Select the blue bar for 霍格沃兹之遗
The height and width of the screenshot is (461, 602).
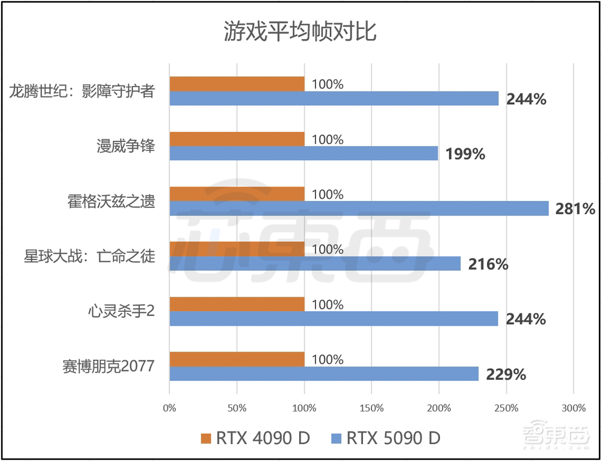[x=359, y=208]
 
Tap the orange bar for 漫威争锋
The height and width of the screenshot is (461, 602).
[x=237, y=139]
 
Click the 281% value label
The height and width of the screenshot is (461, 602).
[x=576, y=209]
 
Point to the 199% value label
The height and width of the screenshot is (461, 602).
[x=465, y=155]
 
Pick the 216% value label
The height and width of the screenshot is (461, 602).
[x=488, y=264]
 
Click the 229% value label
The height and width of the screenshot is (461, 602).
[x=506, y=374]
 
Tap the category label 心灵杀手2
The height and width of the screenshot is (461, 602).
[x=122, y=311]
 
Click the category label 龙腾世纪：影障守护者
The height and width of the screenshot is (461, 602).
[x=82, y=91]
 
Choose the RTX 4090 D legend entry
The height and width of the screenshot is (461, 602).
[x=255, y=438]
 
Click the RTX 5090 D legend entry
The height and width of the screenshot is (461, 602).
[x=385, y=438]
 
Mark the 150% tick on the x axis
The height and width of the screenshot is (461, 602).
[x=372, y=408]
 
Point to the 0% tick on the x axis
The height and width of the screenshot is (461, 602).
[x=170, y=408]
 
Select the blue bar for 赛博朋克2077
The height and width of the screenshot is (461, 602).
[x=324, y=374]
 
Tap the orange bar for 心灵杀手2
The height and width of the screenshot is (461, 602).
[x=237, y=304]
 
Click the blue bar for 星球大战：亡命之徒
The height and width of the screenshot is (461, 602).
[x=315, y=264]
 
